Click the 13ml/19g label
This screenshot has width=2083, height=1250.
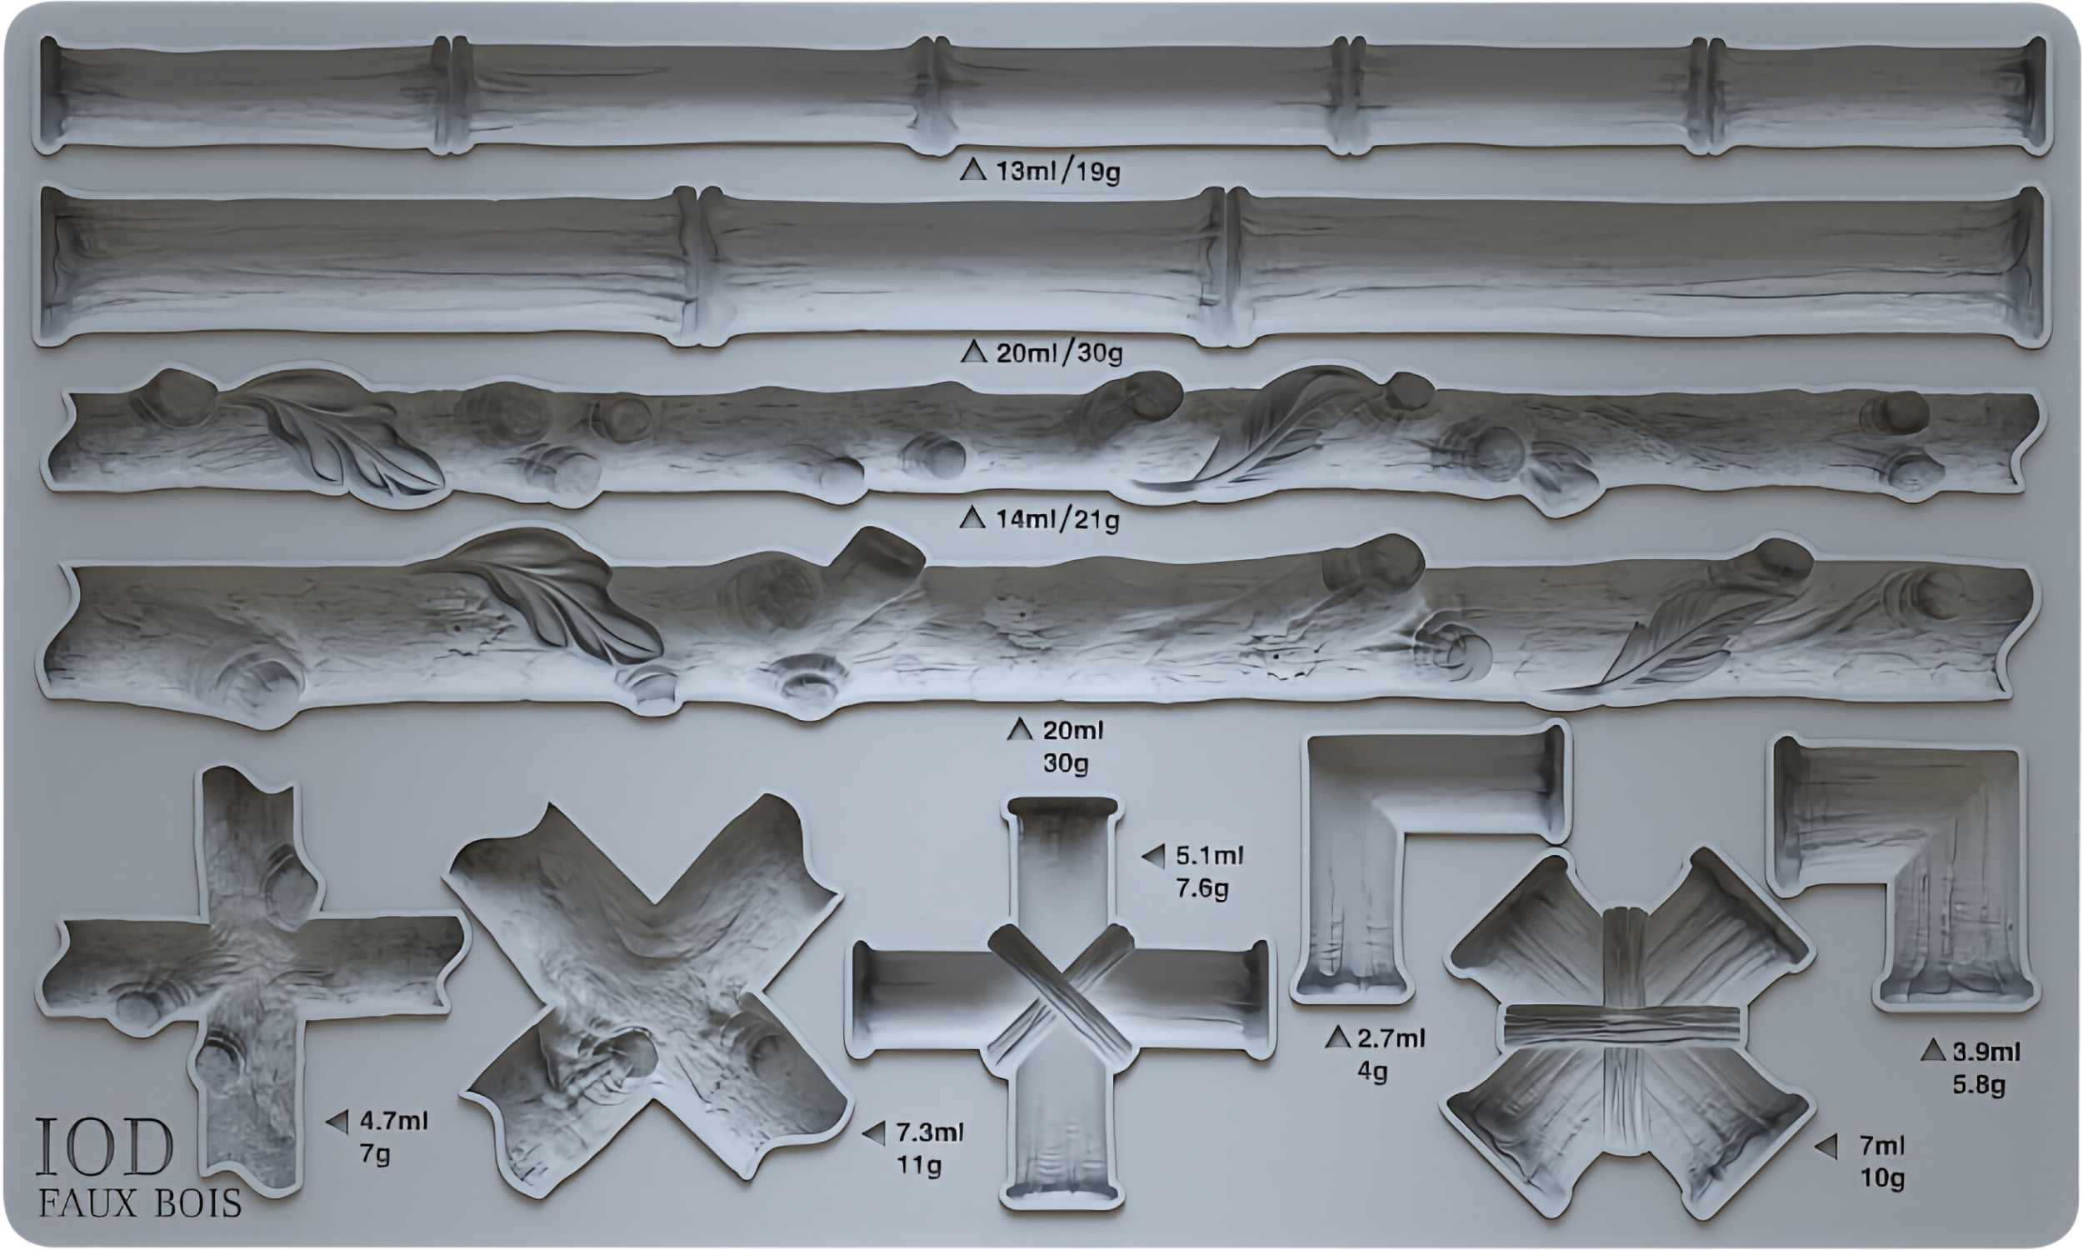(1057, 172)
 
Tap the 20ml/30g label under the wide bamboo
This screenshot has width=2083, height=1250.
(1059, 353)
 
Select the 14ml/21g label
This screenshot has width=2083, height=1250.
(1057, 520)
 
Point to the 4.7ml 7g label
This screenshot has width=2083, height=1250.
(393, 1137)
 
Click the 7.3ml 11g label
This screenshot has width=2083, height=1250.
(929, 1148)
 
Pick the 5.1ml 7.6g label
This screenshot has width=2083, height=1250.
(1209, 872)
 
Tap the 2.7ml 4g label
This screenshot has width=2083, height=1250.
(1390, 1053)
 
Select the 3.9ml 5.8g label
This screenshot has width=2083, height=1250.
(1986, 1067)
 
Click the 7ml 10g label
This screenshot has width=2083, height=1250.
(1881, 1162)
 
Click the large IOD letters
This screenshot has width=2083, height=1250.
(104, 1147)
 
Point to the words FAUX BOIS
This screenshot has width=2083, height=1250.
(140, 1203)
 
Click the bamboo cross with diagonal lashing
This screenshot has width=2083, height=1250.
(1061, 1002)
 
